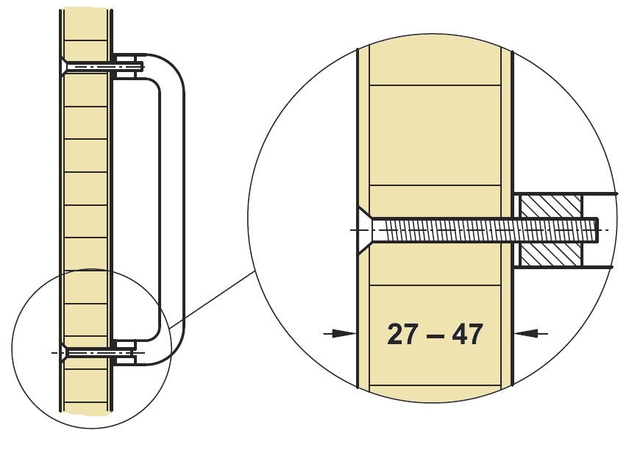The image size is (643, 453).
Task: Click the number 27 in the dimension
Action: pyautogui.click(x=402, y=334)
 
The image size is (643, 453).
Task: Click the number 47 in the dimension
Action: pyautogui.click(x=467, y=334)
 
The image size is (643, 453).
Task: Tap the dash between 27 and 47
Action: pyautogui.click(x=435, y=336)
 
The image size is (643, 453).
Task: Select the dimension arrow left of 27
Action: pyautogui.click(x=340, y=334)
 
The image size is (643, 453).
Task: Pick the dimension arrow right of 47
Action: pyautogui.click(x=530, y=334)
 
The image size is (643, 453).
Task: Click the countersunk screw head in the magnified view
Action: pyautogui.click(x=365, y=230)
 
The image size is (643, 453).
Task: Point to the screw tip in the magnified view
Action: pyautogui.click(x=595, y=230)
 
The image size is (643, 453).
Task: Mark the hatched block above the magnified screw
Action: pyautogui.click(x=550, y=207)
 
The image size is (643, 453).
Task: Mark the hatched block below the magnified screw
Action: pyautogui.click(x=550, y=254)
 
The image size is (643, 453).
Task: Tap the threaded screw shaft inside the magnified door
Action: pyautogui.click(x=441, y=230)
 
